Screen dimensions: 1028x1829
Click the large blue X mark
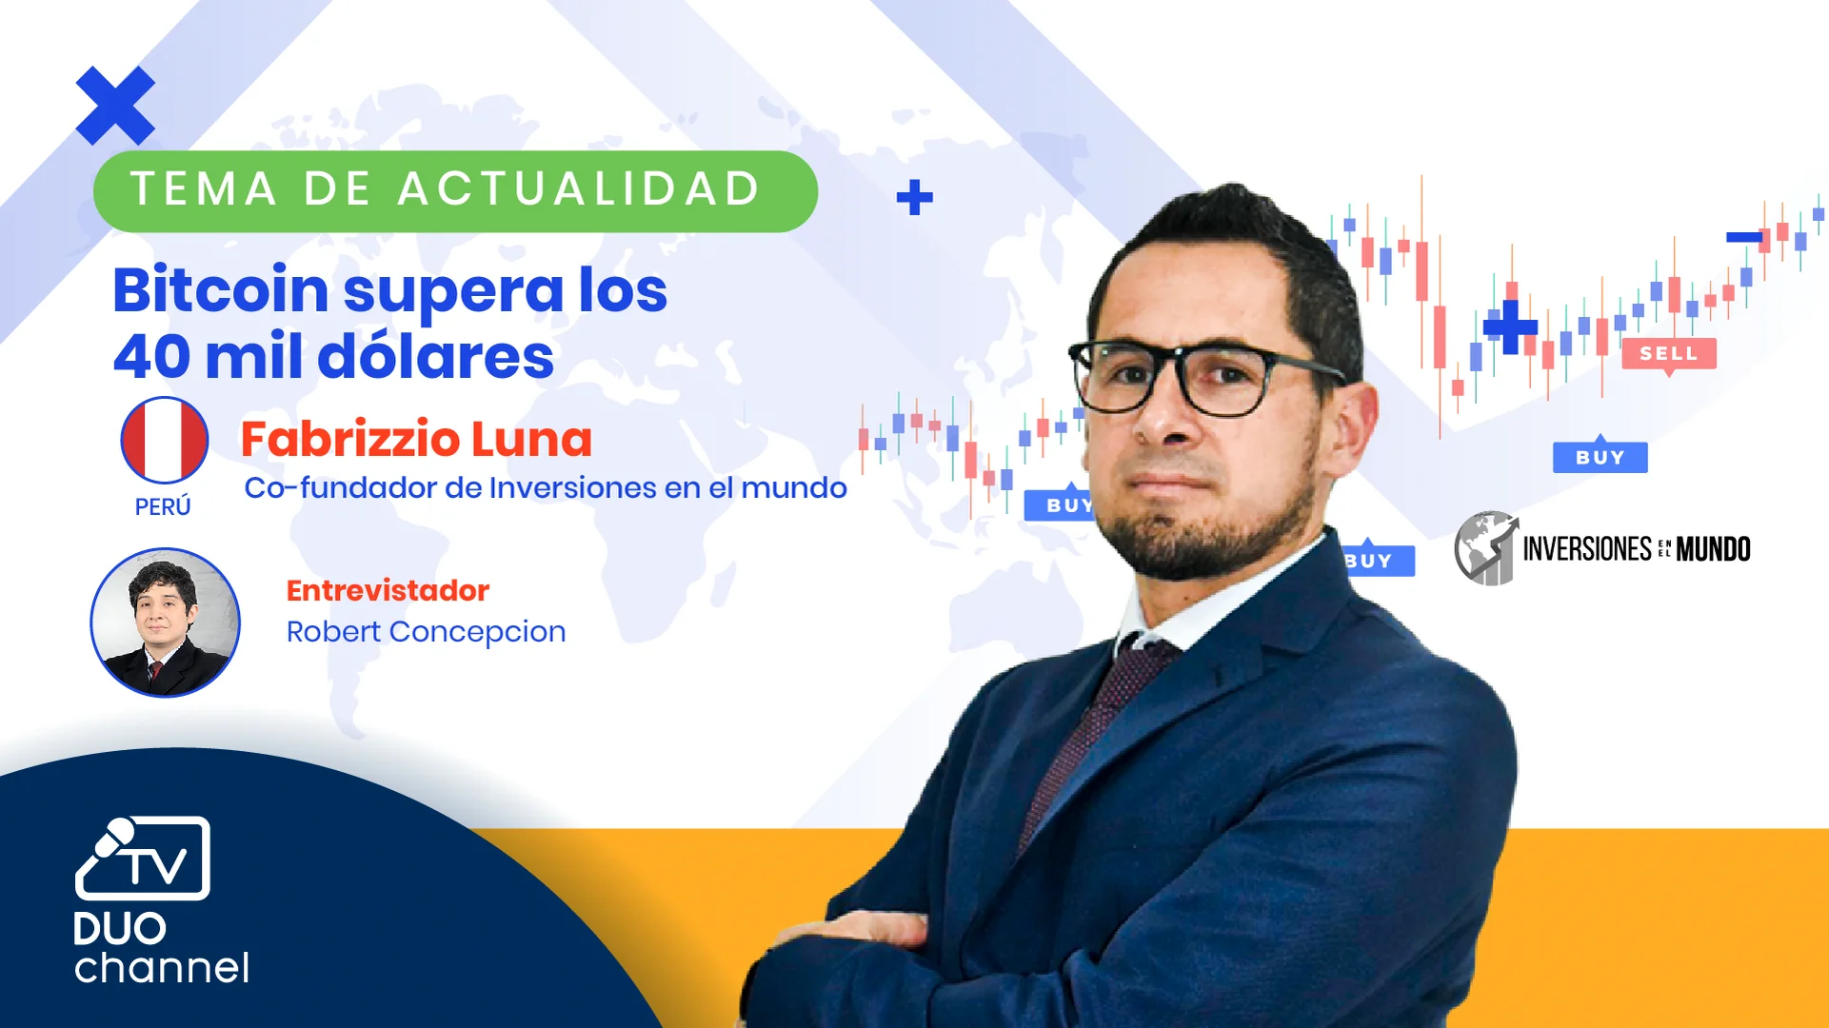[x=115, y=106]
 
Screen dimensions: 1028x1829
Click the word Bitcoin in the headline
[x=220, y=290]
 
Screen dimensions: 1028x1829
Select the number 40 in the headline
[x=150, y=357]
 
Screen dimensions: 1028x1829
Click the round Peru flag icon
[x=164, y=440]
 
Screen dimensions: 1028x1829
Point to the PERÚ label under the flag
[x=163, y=507]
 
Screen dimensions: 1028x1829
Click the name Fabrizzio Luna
[x=416, y=440]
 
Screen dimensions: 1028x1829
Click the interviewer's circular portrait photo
[x=165, y=623]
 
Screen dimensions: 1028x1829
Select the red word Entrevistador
[x=388, y=591]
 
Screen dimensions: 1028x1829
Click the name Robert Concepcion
[x=426, y=632]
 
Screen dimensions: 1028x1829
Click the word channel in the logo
[x=162, y=968]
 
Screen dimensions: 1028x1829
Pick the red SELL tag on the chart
[x=1668, y=354]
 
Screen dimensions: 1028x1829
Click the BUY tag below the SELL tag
[x=1600, y=458]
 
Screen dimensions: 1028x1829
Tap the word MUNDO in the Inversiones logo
[x=1713, y=549]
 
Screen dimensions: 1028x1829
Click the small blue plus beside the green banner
[x=915, y=198]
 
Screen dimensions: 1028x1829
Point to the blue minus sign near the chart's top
[x=1744, y=237]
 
